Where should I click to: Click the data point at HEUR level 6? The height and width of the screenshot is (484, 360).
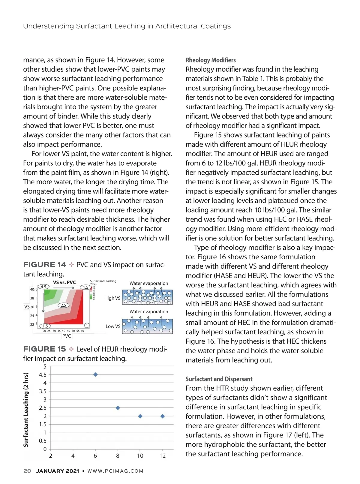95,374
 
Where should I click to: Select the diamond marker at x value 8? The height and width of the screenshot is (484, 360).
118,408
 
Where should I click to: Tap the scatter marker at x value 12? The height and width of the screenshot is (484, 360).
163,416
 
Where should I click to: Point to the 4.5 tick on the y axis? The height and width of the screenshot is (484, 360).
43,375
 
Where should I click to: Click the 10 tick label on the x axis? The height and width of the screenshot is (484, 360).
140,456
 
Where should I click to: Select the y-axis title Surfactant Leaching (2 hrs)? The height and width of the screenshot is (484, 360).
26,410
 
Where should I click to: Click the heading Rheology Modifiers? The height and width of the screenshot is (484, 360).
211,60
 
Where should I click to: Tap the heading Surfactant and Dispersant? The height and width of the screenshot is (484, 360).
219,379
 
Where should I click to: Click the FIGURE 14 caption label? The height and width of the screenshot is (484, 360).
45,265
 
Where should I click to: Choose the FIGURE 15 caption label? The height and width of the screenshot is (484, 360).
45,349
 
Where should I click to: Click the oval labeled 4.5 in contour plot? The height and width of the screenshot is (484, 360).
43,287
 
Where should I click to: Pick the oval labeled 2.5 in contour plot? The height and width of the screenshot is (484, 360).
63,305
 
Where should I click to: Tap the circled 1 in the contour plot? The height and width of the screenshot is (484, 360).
86,326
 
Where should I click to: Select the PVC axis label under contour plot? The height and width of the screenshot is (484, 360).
67,336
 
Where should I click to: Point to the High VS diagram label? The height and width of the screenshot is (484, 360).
112,298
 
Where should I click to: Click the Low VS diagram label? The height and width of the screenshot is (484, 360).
113,326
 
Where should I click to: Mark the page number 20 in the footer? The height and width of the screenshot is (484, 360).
27,471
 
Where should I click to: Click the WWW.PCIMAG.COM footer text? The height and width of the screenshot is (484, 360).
115,471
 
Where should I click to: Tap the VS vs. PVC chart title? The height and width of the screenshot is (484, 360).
64,282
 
